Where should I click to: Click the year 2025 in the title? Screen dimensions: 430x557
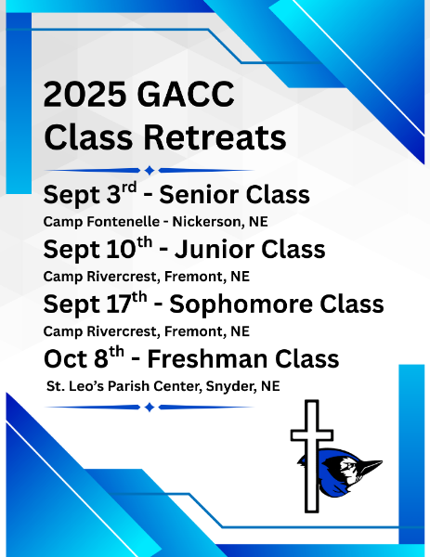point(85,94)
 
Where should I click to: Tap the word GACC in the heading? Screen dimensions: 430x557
point(186,94)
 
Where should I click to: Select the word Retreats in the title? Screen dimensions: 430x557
point(215,137)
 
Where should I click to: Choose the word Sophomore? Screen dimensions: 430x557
point(241,304)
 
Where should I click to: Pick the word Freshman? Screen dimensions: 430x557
point(207,358)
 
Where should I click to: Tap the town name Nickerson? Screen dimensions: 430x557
point(208,222)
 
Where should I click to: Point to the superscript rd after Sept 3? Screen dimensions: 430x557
point(129,188)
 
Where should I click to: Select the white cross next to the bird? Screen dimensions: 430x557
point(312,457)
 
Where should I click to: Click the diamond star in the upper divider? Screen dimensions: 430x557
point(150,171)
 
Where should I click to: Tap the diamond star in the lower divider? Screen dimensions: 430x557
point(150,408)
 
